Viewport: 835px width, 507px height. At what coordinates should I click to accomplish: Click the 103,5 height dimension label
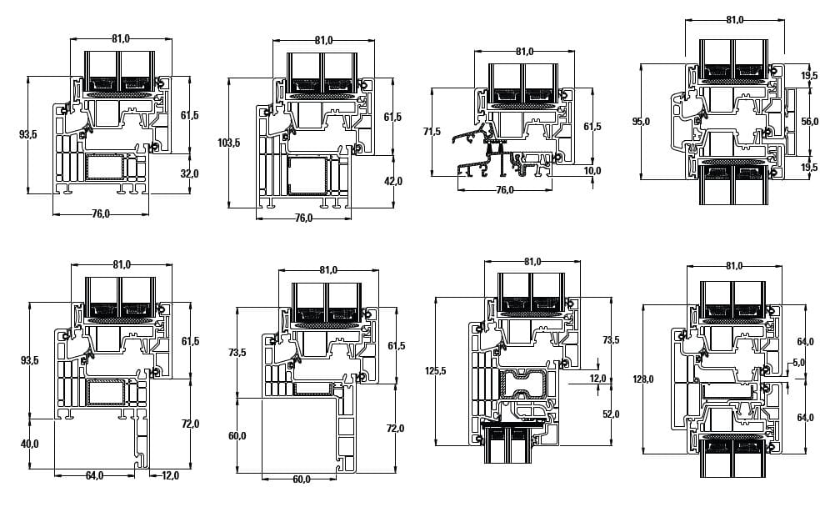pos(229,143)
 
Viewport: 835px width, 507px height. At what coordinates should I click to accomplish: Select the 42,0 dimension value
pos(393,181)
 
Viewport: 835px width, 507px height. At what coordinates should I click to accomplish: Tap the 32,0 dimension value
pos(190,173)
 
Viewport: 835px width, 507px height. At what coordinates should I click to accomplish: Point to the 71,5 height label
pos(431,132)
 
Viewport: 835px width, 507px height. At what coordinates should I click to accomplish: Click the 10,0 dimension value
pos(592,171)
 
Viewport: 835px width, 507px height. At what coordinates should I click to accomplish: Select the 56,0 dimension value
pos(809,121)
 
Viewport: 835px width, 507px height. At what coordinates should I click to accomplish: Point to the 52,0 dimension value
pos(611,414)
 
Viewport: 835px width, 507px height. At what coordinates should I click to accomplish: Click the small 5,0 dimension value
pos(799,363)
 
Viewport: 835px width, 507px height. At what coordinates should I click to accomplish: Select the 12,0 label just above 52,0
pos(597,379)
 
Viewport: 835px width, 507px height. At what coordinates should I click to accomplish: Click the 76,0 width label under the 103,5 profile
pos(303,218)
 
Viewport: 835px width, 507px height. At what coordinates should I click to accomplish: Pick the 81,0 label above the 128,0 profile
pos(733,266)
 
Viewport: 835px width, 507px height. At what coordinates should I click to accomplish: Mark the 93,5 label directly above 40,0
pos(29,360)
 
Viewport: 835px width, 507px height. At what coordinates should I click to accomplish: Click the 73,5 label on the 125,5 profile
pos(611,340)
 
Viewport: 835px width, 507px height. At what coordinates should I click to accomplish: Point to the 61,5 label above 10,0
pos(592,127)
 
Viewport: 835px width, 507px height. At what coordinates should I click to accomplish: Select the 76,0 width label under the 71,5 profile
pos(504,189)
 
